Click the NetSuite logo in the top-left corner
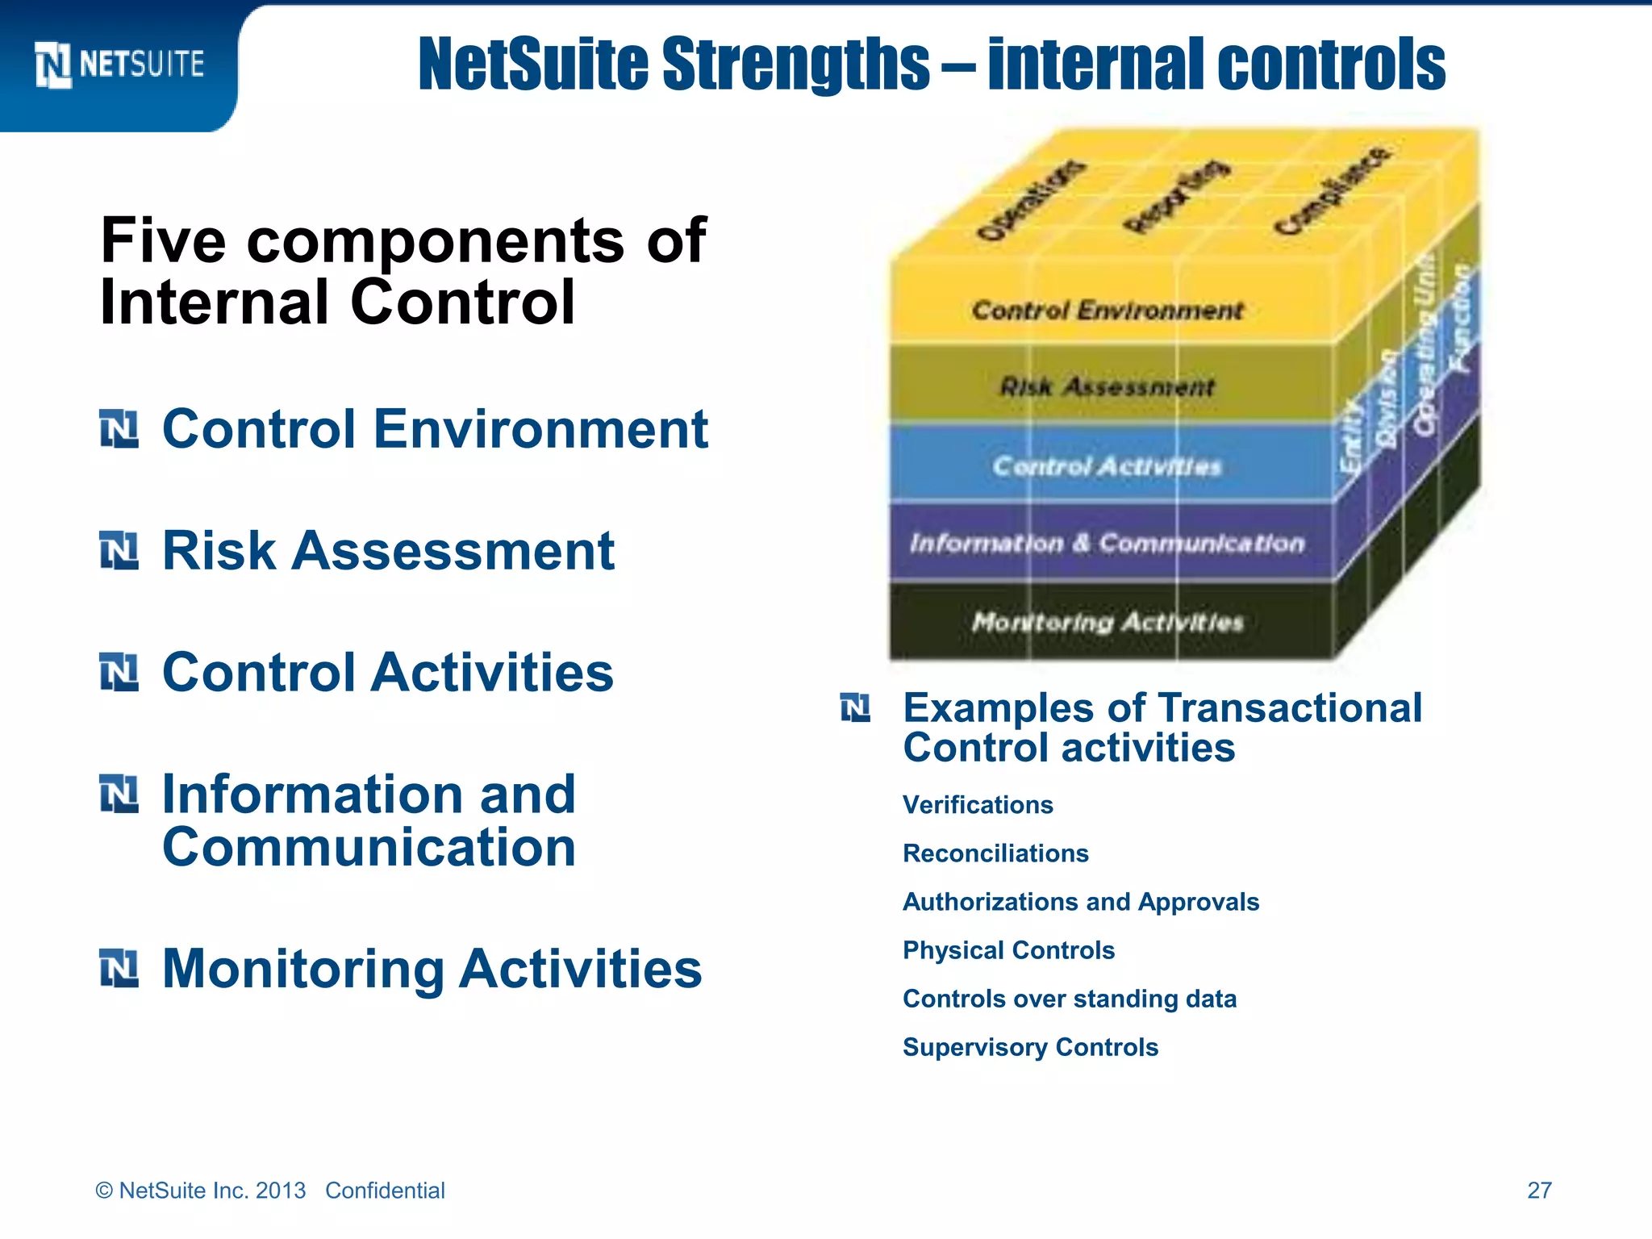click(x=119, y=65)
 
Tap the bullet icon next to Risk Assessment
click(x=119, y=551)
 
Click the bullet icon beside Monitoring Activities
click(x=119, y=968)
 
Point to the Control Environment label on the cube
click(x=1107, y=311)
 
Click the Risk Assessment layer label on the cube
click(x=1107, y=387)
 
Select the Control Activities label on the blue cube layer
click(x=1107, y=466)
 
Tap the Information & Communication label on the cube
click(x=1107, y=544)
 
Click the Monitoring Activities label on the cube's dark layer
click(x=1107, y=622)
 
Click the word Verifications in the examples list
click(x=978, y=805)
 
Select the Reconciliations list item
click(x=995, y=853)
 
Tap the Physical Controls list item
click(x=1008, y=950)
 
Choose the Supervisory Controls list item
click(x=1030, y=1047)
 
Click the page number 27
click(x=1539, y=1190)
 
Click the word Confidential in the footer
click(x=385, y=1191)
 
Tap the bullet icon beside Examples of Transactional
click(x=855, y=708)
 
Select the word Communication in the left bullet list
click(x=369, y=848)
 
